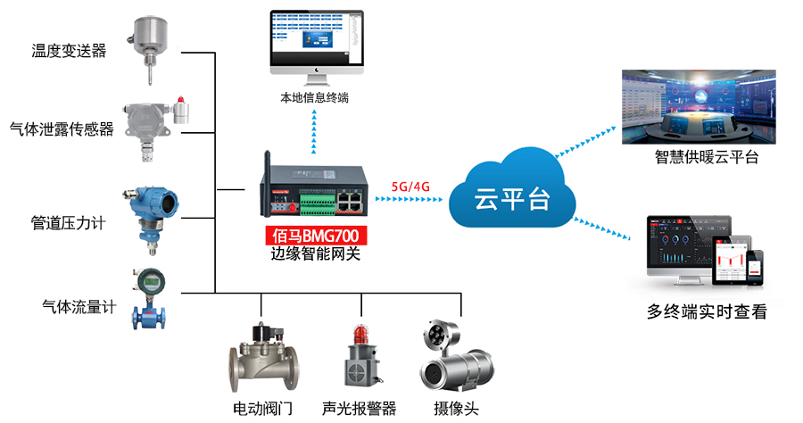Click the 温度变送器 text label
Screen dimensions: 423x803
[x=69, y=51]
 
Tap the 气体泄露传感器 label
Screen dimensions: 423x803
[x=62, y=129]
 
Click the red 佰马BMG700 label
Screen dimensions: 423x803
[x=318, y=237]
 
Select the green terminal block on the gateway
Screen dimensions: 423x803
[x=318, y=203]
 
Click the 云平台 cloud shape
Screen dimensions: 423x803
[x=511, y=193]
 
